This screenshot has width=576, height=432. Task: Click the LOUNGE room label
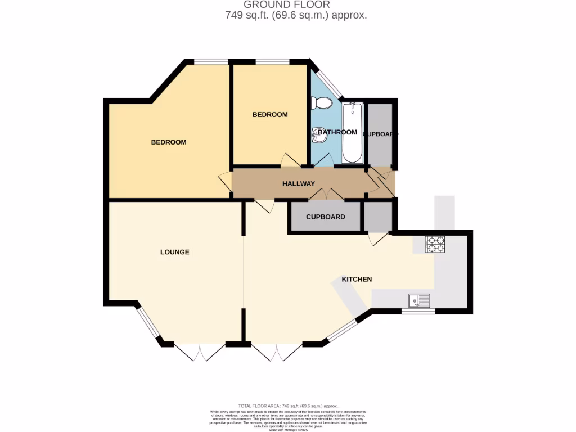[x=174, y=252]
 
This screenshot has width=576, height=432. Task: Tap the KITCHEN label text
[x=357, y=280]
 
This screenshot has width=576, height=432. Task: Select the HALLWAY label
[x=298, y=184]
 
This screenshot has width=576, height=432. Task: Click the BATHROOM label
[x=337, y=132]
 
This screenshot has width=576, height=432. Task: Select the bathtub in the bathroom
[x=353, y=132]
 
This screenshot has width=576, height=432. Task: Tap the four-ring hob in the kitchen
[x=435, y=245]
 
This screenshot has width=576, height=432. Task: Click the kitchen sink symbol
[x=419, y=301]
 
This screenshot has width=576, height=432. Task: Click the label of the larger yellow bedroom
[x=168, y=142]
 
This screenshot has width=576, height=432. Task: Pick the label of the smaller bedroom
[x=269, y=115]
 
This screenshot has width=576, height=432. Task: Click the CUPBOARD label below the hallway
[x=325, y=217]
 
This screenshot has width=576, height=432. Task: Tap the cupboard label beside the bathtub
[x=380, y=134]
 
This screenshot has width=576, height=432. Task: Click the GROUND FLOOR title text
[x=287, y=5]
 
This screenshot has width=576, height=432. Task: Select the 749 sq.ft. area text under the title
[x=296, y=16]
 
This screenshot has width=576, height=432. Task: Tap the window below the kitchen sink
[x=418, y=311]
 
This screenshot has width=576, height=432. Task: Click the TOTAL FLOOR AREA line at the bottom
[x=287, y=406]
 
